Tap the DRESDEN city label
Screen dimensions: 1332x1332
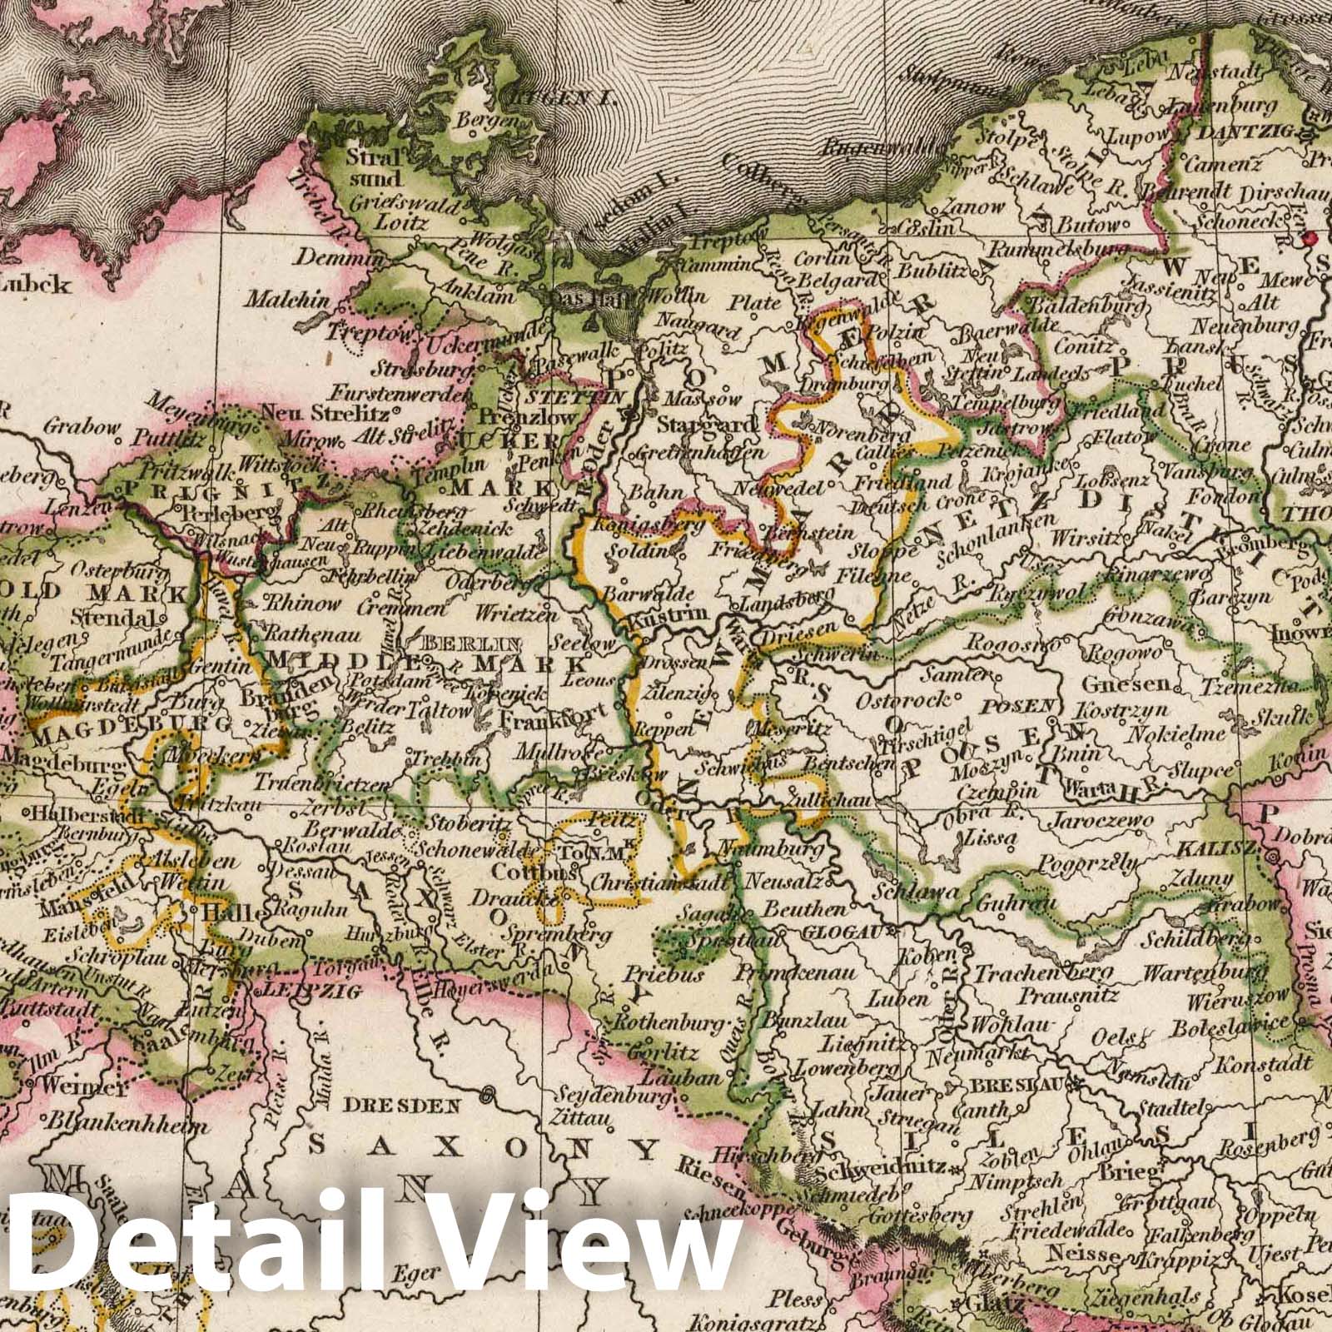(x=402, y=1106)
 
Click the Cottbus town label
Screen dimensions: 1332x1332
(x=544, y=872)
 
